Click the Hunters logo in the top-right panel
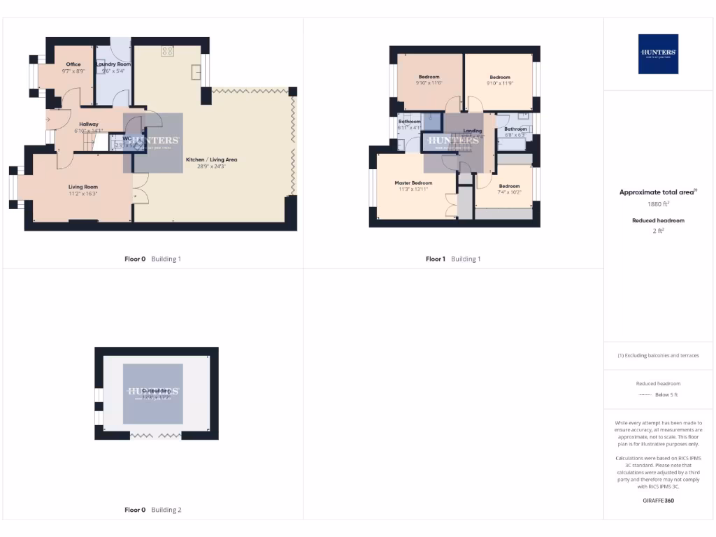click(658, 54)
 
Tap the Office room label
click(73, 64)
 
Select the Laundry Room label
click(113, 64)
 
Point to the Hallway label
click(89, 124)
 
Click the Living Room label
click(83, 187)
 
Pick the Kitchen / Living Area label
click(206, 159)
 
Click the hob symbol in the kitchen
click(167, 50)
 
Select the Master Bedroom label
click(413, 183)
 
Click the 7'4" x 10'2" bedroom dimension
click(509, 192)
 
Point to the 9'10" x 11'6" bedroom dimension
click(429, 83)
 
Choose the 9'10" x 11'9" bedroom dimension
click(500, 83)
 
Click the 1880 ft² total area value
click(658, 204)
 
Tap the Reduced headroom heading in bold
click(658, 220)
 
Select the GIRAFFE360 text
click(658, 501)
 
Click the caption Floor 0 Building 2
click(152, 510)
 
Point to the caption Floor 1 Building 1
click(453, 259)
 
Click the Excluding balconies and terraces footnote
click(658, 355)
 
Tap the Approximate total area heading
click(658, 192)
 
